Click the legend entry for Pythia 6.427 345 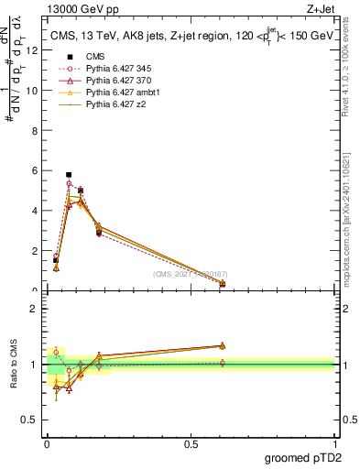tap(116, 69)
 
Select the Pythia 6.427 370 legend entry tap(116, 82)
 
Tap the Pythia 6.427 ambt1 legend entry tap(120, 93)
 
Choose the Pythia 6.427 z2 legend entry tap(113, 105)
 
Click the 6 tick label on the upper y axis tap(35, 170)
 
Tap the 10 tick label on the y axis tap(32, 91)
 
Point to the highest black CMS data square tap(69, 174)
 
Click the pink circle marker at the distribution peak tap(69, 184)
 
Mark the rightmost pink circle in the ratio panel tap(223, 363)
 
